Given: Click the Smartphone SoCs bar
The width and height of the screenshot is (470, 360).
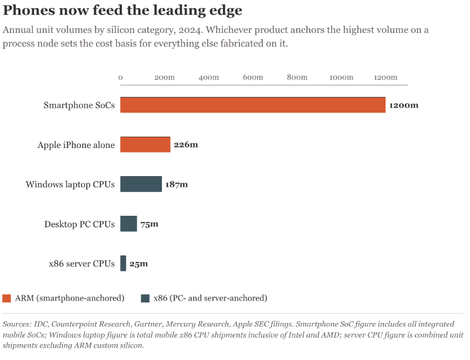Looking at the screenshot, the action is click(x=253, y=105).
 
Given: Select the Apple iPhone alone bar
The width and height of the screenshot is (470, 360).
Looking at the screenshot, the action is click(x=145, y=144).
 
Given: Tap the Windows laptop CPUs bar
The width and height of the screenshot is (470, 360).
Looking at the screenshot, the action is click(x=141, y=184).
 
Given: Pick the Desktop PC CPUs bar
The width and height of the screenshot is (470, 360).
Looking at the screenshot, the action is click(x=129, y=224).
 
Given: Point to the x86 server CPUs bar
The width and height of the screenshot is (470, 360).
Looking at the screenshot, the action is click(x=123, y=264).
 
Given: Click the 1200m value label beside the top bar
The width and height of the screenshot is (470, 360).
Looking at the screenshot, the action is click(x=404, y=105).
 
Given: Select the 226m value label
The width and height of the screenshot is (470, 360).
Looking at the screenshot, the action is click(x=186, y=145).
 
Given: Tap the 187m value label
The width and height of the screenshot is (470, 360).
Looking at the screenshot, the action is click(x=177, y=184).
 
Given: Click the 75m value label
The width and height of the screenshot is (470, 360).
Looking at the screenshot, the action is click(x=149, y=224).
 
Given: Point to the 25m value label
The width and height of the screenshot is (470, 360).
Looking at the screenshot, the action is click(x=138, y=264).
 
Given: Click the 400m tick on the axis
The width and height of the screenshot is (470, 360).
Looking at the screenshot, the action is click(x=209, y=78).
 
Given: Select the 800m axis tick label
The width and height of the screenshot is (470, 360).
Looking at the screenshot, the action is click(x=297, y=78).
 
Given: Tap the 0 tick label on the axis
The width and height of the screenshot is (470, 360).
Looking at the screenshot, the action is click(x=120, y=78).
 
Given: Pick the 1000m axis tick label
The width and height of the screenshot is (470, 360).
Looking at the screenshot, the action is click(x=341, y=78).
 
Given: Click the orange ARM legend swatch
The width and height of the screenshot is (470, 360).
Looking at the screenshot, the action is click(x=6, y=298).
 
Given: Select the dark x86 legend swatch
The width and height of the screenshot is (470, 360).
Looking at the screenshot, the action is click(x=145, y=298).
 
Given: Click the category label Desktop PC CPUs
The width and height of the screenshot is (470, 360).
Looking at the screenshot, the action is click(x=79, y=224).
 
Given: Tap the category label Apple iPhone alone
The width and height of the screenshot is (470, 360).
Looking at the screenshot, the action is click(x=76, y=145).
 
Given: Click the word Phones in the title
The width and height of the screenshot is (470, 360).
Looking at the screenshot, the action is click(x=29, y=10).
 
